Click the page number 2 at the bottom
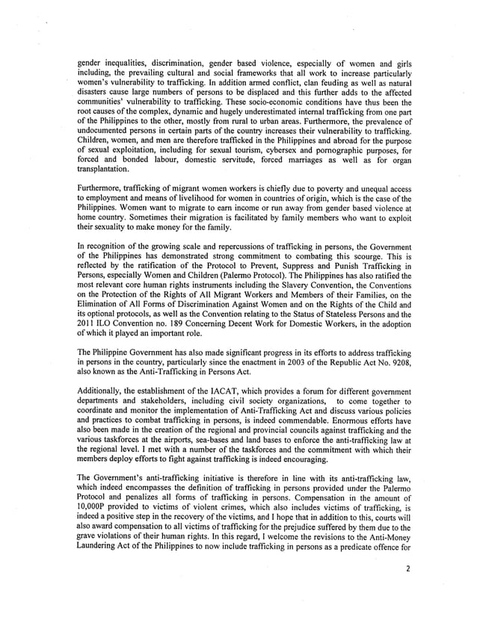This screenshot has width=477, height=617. [x=408, y=589]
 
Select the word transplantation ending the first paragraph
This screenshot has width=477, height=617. [x=107, y=168]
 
